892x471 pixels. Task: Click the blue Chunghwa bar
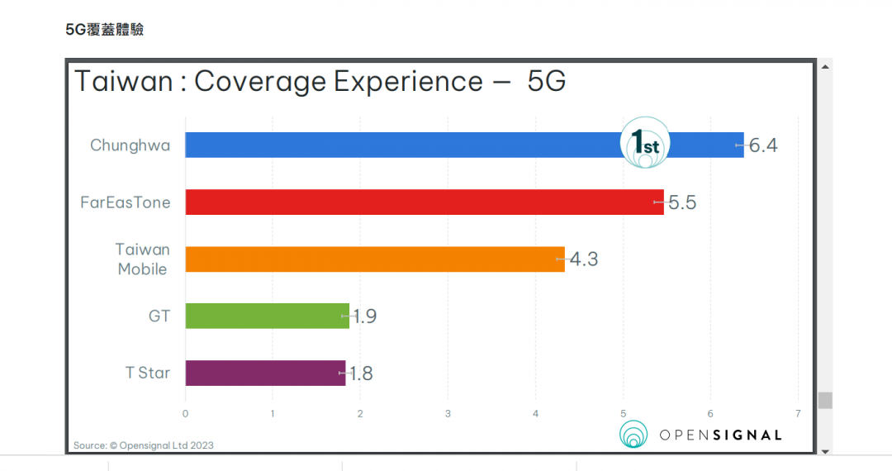click(396, 145)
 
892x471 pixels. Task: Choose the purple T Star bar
click(265, 373)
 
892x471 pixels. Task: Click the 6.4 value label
click(763, 146)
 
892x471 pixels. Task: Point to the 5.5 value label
click(682, 202)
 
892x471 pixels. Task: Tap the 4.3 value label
click(583, 259)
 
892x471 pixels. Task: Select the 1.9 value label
click(364, 316)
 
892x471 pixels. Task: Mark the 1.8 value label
click(361, 373)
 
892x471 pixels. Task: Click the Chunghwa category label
click(130, 146)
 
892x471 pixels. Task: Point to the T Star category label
click(148, 373)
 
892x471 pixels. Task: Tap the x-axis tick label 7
click(798, 413)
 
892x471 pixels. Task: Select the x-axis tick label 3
click(448, 413)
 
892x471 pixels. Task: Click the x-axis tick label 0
click(185, 413)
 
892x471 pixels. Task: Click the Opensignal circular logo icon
click(634, 435)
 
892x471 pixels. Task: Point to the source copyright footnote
click(144, 445)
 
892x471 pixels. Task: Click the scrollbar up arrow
click(824, 65)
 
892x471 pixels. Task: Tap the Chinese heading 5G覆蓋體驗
click(105, 30)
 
